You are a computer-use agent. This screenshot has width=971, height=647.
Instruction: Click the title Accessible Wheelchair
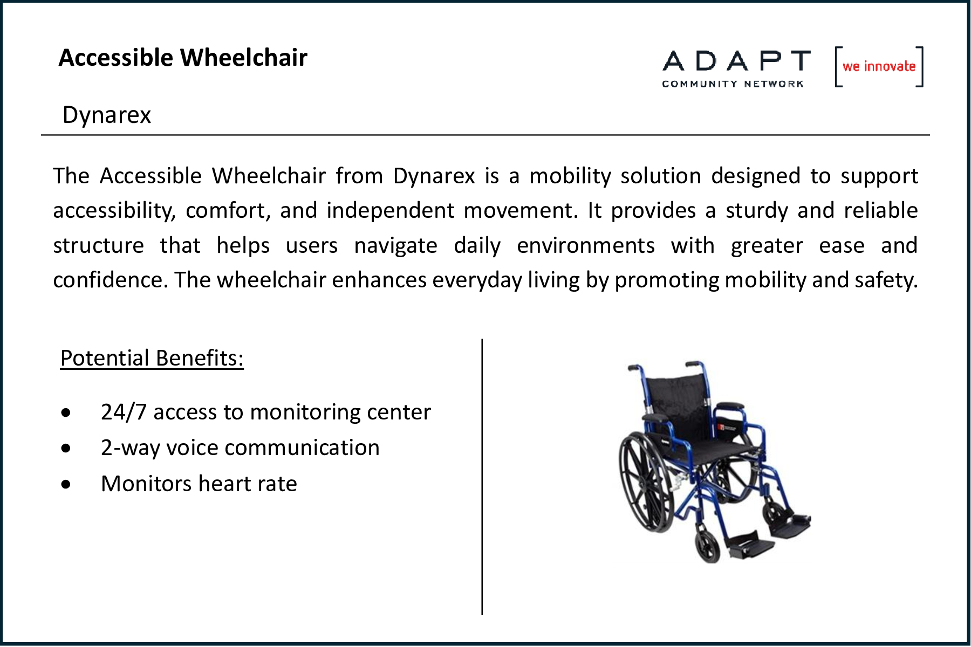(183, 58)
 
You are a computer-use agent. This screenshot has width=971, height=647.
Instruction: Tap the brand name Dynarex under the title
(107, 115)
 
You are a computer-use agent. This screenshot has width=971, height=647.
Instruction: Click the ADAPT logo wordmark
(736, 61)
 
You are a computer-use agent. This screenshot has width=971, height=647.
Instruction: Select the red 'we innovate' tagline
(879, 66)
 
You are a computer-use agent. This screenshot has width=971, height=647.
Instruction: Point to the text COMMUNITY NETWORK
(733, 84)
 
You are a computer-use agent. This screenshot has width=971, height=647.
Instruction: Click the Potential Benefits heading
(152, 358)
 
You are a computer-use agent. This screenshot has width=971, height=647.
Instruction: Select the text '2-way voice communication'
(240, 448)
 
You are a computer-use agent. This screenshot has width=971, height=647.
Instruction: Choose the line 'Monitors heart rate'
(199, 484)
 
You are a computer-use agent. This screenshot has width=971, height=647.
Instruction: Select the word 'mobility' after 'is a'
(570, 176)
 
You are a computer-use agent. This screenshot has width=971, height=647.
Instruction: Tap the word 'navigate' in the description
(395, 246)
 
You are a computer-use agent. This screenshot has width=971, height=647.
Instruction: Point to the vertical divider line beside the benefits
(482, 477)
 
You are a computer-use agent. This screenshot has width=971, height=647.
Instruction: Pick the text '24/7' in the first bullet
(124, 412)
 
